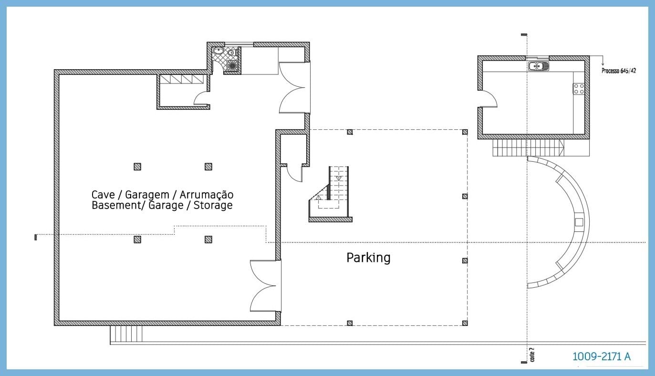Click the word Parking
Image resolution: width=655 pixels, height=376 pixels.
[x=368, y=258]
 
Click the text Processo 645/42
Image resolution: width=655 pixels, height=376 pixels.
[x=618, y=71]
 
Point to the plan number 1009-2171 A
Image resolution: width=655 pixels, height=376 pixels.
[x=601, y=356]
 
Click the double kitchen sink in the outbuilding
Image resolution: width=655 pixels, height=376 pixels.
[x=539, y=66]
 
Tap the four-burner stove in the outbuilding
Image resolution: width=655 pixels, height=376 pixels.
[x=579, y=88]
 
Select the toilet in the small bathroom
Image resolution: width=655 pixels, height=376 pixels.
[x=231, y=53]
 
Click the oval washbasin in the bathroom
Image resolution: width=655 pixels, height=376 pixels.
[x=219, y=51]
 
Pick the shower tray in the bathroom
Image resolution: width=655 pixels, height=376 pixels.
[x=232, y=65]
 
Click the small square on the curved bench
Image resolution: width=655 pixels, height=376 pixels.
[x=579, y=221]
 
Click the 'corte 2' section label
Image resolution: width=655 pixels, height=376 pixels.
[x=532, y=355]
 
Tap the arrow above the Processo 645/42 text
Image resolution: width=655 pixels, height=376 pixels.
[x=603, y=62]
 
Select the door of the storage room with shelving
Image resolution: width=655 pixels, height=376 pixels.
[x=201, y=99]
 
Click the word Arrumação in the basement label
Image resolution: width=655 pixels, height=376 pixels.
[x=206, y=195]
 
